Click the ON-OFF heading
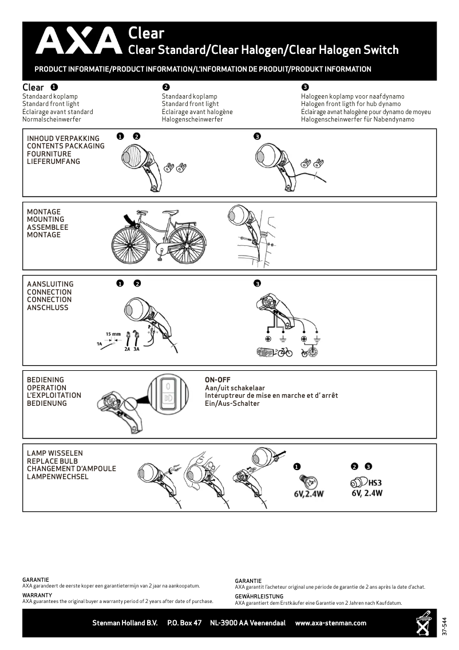click(217, 380)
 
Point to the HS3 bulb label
click(375, 483)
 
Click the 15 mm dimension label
click(113, 334)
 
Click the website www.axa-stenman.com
click(330, 623)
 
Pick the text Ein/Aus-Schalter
click(232, 404)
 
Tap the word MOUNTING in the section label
click(46, 220)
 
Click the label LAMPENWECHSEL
click(58, 476)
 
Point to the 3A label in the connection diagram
click(136, 348)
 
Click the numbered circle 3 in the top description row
click(305, 87)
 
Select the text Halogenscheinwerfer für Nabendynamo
click(358, 120)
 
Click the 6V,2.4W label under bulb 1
click(304, 494)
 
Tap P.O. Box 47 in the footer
click(184, 623)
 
